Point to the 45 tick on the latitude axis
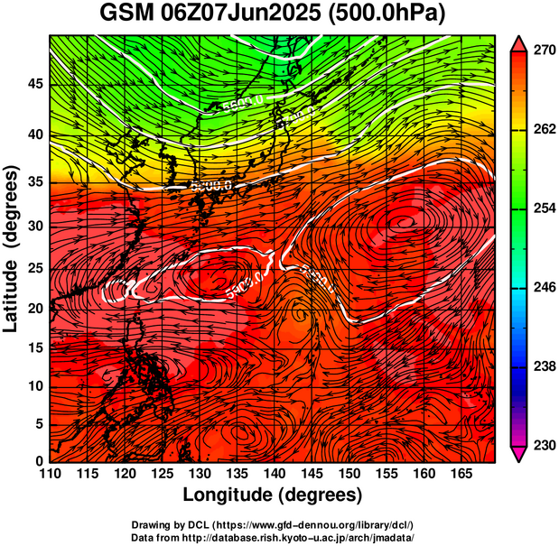(x=35, y=83)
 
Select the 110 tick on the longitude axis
(x=50, y=474)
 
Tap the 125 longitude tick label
(x=162, y=474)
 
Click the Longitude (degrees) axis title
(x=273, y=495)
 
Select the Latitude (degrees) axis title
(x=13, y=248)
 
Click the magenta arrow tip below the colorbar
(x=519, y=454)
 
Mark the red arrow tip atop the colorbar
(x=519, y=42)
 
